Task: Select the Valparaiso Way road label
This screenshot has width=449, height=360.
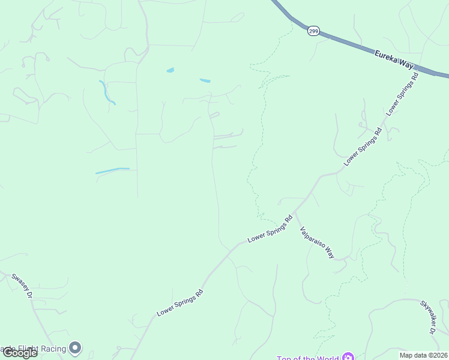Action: (x=317, y=242)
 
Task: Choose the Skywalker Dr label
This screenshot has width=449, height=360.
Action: (x=427, y=317)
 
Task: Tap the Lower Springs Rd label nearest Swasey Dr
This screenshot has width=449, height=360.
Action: (x=180, y=303)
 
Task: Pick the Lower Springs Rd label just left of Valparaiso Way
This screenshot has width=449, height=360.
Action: (x=270, y=229)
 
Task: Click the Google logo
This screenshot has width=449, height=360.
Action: (x=20, y=353)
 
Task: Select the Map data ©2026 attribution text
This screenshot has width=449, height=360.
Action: (x=423, y=355)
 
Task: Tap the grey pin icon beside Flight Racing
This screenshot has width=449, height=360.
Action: (x=75, y=347)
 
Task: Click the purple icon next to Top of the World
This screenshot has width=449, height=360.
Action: (x=348, y=358)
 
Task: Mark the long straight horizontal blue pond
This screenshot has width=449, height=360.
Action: (x=112, y=171)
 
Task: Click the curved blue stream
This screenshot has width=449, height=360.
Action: (x=106, y=92)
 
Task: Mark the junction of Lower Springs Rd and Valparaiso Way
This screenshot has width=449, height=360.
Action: (x=295, y=212)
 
